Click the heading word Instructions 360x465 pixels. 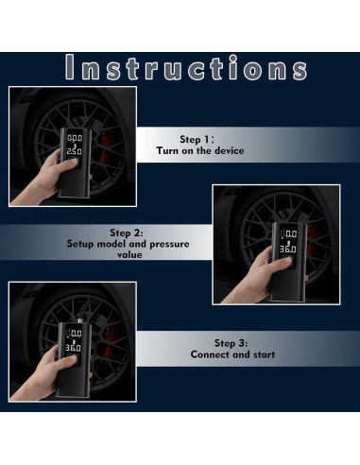pos(186,67)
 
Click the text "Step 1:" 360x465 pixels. pos(197,139)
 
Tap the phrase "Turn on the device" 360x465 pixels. pos(200,150)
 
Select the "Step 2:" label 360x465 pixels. pos(127,232)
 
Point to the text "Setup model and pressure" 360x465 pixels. pos(129,244)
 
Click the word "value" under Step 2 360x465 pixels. pos(129,254)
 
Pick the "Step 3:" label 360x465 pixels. pos(231,343)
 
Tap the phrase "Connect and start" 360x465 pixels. pos(232,354)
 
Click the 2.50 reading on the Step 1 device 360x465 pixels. pos(75,151)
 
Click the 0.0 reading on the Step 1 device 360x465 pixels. pos(75,138)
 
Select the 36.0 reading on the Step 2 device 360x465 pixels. pos(288,250)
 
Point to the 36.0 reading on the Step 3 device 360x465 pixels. pos(73,348)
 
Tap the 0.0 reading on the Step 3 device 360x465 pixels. pos(76,334)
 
